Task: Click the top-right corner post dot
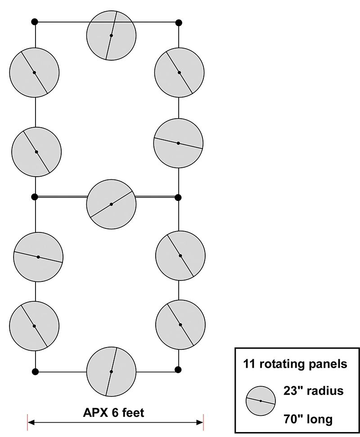[x=179, y=22]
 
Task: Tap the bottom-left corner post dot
[x=35, y=371]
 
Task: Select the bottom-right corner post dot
[x=178, y=370]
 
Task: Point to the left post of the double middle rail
[x=35, y=197]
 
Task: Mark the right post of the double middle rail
[x=178, y=197]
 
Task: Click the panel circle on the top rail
[x=111, y=35]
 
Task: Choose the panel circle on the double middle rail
[x=111, y=204]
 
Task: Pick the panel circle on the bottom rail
[x=111, y=371]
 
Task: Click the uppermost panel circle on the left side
[x=34, y=72]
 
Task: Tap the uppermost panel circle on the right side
[x=179, y=72]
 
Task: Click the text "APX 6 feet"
[x=113, y=412]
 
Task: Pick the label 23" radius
[x=314, y=391]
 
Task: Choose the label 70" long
[x=309, y=420]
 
